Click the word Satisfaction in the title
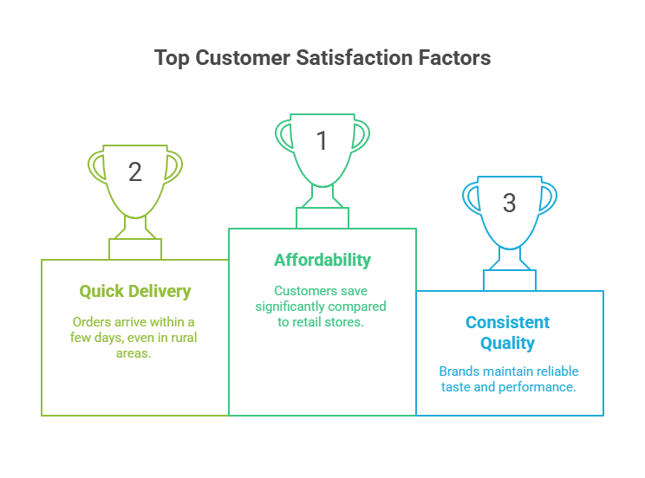coord(355,57)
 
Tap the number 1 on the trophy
coord(322,140)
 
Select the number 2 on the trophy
coord(135,171)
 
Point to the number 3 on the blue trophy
coord(509,203)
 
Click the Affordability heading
coord(322,260)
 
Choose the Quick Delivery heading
coord(135,292)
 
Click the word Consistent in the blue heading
coord(508,322)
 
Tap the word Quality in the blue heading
coord(508,343)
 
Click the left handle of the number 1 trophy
coord(283,136)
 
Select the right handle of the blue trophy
coord(548,198)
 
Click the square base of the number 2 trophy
coord(135,249)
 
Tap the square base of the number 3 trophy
coord(510,281)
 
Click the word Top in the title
coord(172,58)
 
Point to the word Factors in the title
coord(454,57)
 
